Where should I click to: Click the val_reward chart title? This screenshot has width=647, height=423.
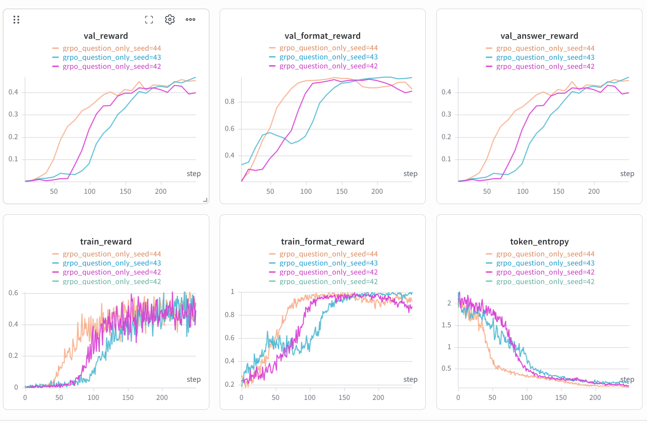[x=106, y=36]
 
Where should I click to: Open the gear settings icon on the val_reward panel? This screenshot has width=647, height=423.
[x=170, y=20]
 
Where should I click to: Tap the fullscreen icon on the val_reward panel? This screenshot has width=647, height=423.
[x=149, y=20]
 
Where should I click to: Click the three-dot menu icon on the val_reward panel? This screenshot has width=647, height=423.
[x=190, y=20]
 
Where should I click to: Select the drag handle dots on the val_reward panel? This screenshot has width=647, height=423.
[x=16, y=20]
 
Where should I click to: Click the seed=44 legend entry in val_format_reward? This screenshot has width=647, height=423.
[x=323, y=48]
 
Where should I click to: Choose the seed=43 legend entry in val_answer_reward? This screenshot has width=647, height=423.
[x=540, y=57]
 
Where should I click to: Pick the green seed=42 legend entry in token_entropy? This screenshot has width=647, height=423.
[x=540, y=282]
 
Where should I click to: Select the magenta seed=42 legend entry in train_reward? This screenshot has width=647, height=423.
[x=107, y=272]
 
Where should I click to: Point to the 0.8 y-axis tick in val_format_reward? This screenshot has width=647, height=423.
[x=230, y=102]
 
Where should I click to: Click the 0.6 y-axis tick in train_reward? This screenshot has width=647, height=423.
[x=13, y=293]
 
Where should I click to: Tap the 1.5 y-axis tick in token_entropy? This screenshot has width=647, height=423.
[x=446, y=325]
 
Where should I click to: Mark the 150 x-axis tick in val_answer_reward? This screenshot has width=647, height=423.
[x=558, y=191]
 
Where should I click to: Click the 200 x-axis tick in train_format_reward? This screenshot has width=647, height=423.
[x=378, y=397]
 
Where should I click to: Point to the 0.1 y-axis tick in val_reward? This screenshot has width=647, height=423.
[x=13, y=159]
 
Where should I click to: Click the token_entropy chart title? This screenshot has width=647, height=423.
[x=539, y=242]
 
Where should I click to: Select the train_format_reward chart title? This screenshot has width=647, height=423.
[x=323, y=242]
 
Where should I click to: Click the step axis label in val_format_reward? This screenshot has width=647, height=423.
[x=410, y=174]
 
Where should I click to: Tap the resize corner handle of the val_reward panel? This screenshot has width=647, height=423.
[x=205, y=200]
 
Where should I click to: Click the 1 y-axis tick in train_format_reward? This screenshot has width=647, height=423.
[x=232, y=292]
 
